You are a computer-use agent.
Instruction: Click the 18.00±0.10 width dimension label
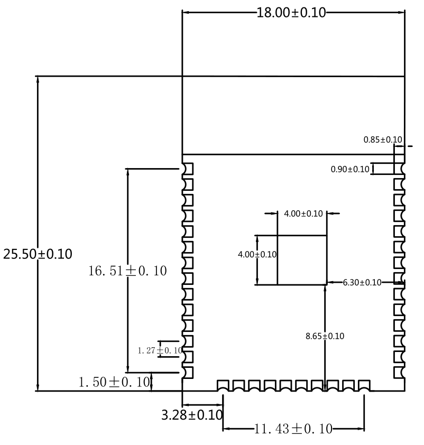(x=292, y=13)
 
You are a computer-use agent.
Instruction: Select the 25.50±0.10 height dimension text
(x=38, y=254)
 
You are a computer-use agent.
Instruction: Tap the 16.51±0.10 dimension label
(x=127, y=271)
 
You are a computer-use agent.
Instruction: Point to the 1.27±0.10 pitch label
(x=160, y=350)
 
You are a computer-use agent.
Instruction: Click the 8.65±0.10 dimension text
(x=325, y=336)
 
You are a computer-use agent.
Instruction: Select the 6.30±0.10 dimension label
(x=362, y=283)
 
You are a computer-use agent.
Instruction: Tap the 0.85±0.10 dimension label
(x=383, y=140)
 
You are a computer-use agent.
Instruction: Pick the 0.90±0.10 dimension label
(x=350, y=169)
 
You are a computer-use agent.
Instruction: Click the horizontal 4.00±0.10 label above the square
(x=303, y=214)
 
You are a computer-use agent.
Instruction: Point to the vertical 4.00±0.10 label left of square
(x=257, y=254)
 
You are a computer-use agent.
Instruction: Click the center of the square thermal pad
(x=302, y=260)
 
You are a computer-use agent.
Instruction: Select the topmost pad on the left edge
(x=188, y=169)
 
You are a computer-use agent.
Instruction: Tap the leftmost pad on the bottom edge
(x=223, y=385)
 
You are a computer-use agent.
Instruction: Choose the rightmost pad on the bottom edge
(x=364, y=385)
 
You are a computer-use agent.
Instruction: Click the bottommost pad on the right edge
(x=399, y=373)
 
